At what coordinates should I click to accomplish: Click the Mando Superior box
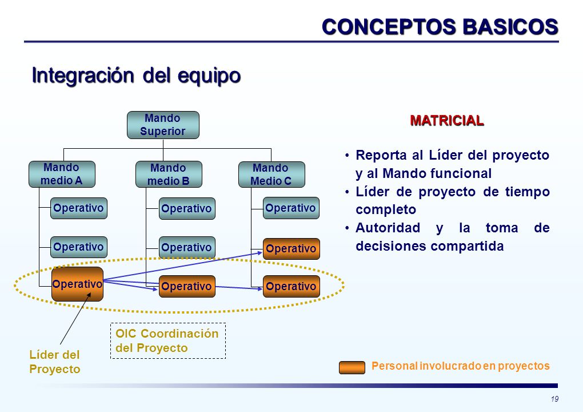(163, 125)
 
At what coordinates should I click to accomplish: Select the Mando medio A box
(62, 174)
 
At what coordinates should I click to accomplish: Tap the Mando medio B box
(169, 174)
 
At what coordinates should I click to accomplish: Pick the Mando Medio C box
(271, 174)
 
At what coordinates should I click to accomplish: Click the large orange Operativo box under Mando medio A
(77, 284)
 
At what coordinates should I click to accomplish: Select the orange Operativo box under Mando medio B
(187, 286)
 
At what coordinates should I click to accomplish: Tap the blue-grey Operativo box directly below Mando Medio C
(291, 208)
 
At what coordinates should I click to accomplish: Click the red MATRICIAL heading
(447, 121)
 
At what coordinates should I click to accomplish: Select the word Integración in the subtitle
(83, 76)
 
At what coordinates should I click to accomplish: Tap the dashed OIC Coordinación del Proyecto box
(168, 340)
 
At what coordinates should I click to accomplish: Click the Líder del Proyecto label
(55, 362)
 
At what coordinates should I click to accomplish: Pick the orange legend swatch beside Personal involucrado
(352, 367)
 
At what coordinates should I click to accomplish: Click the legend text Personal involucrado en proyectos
(460, 366)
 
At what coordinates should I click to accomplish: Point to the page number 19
(554, 399)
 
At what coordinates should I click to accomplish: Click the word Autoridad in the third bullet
(388, 228)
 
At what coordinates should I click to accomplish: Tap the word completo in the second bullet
(386, 210)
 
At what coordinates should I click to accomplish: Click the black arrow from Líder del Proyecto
(75, 318)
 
